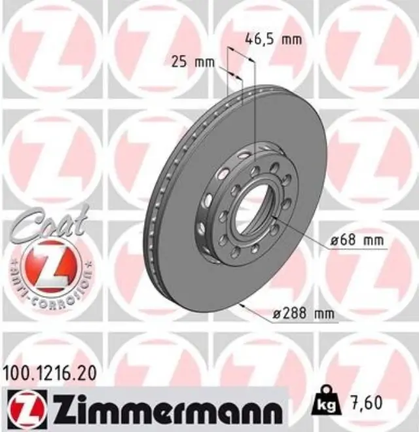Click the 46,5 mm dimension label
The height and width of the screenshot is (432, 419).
pos(273,39)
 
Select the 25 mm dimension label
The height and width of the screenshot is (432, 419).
pos(192,62)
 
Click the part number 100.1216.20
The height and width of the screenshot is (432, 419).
pos(50,374)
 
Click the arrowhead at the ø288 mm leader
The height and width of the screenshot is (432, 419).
pos(244,305)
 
